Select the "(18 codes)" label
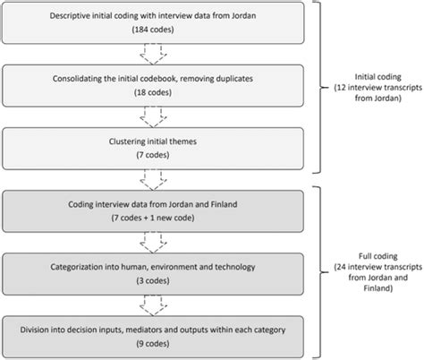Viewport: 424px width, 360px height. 163,92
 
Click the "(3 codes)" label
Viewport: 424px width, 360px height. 163,278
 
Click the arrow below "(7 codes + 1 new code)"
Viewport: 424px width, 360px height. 163,240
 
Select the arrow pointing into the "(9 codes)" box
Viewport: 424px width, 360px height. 163,301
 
